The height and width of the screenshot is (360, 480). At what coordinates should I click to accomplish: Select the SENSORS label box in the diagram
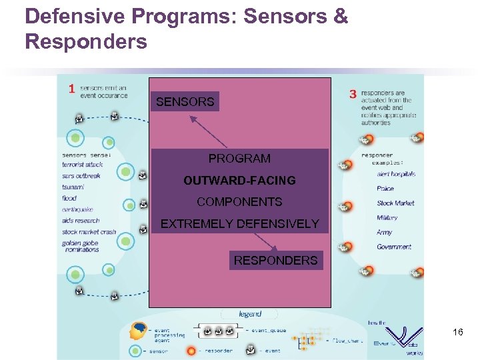pos(185,102)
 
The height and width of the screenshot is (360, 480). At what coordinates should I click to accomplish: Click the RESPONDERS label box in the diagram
pos(275,260)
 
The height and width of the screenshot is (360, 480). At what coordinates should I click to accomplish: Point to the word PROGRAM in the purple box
pos(239,159)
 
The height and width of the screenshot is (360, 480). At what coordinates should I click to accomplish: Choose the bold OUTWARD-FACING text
pos(239,181)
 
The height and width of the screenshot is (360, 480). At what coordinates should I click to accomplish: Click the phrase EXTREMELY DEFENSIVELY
pos(239,224)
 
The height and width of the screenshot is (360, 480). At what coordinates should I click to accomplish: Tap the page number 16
pos(457,331)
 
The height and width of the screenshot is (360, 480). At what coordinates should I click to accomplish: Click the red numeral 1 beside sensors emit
pos(71,89)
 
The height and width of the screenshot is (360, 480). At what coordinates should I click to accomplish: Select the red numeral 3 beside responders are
pos(353,95)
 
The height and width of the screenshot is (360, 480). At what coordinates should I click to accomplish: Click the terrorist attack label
pos(83,164)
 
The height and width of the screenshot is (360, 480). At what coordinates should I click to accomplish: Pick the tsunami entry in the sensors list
pos(73,187)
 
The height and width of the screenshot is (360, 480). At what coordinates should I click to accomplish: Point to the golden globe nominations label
pos(81,246)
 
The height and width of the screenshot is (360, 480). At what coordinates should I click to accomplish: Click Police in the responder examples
pos(385,189)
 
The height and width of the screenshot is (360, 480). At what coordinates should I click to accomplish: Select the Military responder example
pos(387,217)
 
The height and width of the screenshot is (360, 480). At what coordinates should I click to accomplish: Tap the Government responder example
pos(394,247)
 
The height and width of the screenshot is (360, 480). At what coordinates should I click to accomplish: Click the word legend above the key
pos(250,313)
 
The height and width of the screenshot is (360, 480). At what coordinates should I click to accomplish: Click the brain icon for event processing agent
pos(139,331)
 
